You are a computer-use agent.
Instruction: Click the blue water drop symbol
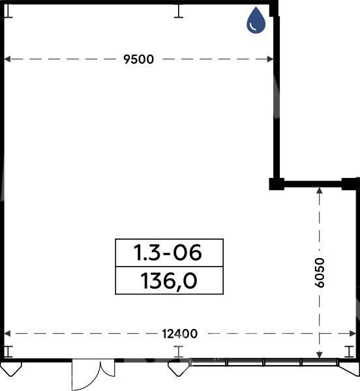pos(256,20)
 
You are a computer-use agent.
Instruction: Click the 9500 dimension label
pos(139,59)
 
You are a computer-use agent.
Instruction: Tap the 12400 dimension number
pos(179,334)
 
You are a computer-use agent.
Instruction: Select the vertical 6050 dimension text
pos(320,273)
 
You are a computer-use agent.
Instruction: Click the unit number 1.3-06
pos(168,253)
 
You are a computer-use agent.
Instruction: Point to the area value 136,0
pos(169,281)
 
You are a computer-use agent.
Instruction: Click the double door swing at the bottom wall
pos(93,375)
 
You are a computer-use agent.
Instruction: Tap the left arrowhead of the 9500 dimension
pos(7,59)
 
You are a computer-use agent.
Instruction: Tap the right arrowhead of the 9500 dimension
pos(270,59)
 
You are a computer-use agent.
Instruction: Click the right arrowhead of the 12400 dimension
pos(353,334)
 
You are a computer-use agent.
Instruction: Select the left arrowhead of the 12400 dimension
pos(7,334)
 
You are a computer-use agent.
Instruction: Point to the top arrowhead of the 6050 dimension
pos(320,190)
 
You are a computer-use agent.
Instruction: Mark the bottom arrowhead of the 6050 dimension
pos(320,355)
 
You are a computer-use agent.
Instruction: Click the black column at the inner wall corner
pos(277,184)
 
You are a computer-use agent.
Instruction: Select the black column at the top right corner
pos(274,8)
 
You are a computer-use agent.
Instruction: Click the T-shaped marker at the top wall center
pos(179,12)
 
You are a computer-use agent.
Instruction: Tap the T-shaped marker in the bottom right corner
pos(350,352)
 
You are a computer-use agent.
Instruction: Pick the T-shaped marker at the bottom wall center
pos(179,352)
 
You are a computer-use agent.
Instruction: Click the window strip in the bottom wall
pos(264,362)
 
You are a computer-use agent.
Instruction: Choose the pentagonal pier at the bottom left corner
pos(11,369)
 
